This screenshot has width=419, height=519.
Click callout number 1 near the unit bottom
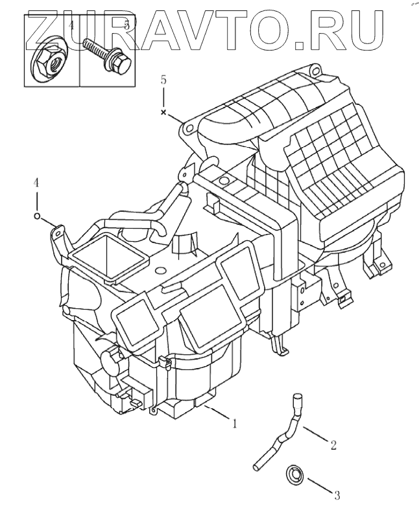tap(235, 424)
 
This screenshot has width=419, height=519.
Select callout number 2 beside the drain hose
tap(333, 445)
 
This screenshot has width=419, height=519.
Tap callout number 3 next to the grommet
tap(337, 496)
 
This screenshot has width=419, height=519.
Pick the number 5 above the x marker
tap(163, 80)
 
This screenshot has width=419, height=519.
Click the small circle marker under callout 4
tap(37, 216)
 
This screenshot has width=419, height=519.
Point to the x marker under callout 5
tap(163, 112)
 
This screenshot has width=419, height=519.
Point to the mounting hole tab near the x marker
tap(186, 128)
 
